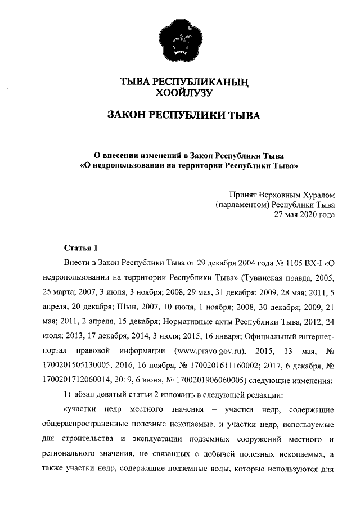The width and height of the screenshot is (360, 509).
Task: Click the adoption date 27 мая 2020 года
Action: coord(304,214)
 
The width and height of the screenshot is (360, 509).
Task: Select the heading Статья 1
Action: coord(81,247)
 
